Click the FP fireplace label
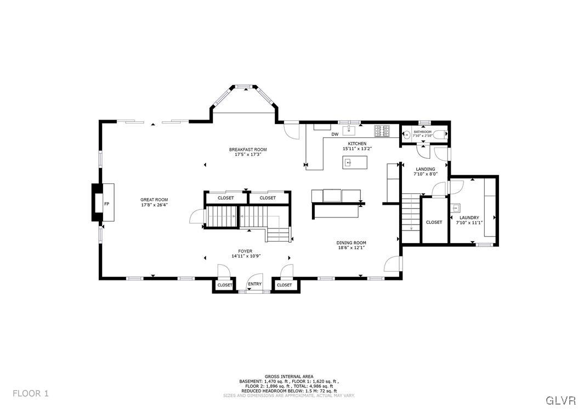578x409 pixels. click(x=106, y=204)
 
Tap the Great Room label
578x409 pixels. click(x=154, y=199)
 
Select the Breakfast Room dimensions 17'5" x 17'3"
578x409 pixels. click(x=248, y=154)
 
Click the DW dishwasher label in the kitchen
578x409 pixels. click(x=335, y=134)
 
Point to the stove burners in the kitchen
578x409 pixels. click(x=382, y=131)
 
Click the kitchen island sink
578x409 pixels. click(x=348, y=163)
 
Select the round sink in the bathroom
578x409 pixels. click(x=407, y=133)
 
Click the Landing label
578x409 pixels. click(x=425, y=169)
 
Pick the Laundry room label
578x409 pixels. click(x=469, y=217)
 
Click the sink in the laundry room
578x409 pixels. click(x=456, y=208)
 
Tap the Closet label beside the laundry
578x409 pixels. click(x=434, y=222)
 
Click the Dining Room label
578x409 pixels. click(x=351, y=243)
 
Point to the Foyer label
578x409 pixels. click(x=245, y=251)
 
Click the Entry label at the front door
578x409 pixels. click(x=254, y=284)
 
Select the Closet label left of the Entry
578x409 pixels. click(x=225, y=285)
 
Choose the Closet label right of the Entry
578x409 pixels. click(x=284, y=285)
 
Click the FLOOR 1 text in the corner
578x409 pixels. click(x=31, y=393)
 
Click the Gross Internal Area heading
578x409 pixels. click(x=288, y=377)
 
